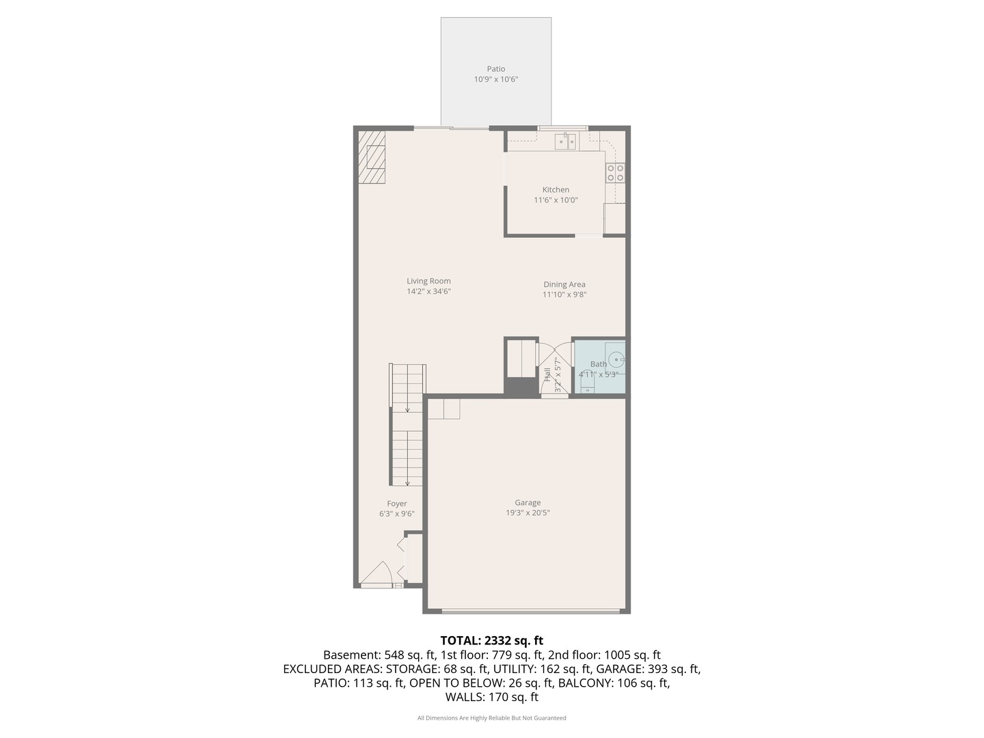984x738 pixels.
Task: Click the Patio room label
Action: (496, 69)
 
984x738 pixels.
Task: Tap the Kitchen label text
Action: (556, 189)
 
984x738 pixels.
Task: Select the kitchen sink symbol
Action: (566, 141)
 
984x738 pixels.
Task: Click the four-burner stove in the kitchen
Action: (615, 173)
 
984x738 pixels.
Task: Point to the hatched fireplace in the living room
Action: (372, 157)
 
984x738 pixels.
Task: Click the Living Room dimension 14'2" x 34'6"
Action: (428, 291)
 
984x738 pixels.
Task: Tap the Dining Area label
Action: (564, 284)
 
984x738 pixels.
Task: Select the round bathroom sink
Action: (617, 359)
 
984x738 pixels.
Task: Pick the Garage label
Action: (528, 502)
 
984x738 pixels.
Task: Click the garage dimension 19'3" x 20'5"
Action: (528, 512)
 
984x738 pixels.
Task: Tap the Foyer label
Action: (397, 503)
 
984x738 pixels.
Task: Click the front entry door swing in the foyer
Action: (377, 573)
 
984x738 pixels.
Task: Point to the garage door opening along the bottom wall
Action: (531, 610)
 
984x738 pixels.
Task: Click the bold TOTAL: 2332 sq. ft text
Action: (492, 640)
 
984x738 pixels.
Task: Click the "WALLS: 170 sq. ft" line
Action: (492, 697)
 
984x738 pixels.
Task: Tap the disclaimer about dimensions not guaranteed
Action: (492, 718)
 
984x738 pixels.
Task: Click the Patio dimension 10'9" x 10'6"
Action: (496, 79)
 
